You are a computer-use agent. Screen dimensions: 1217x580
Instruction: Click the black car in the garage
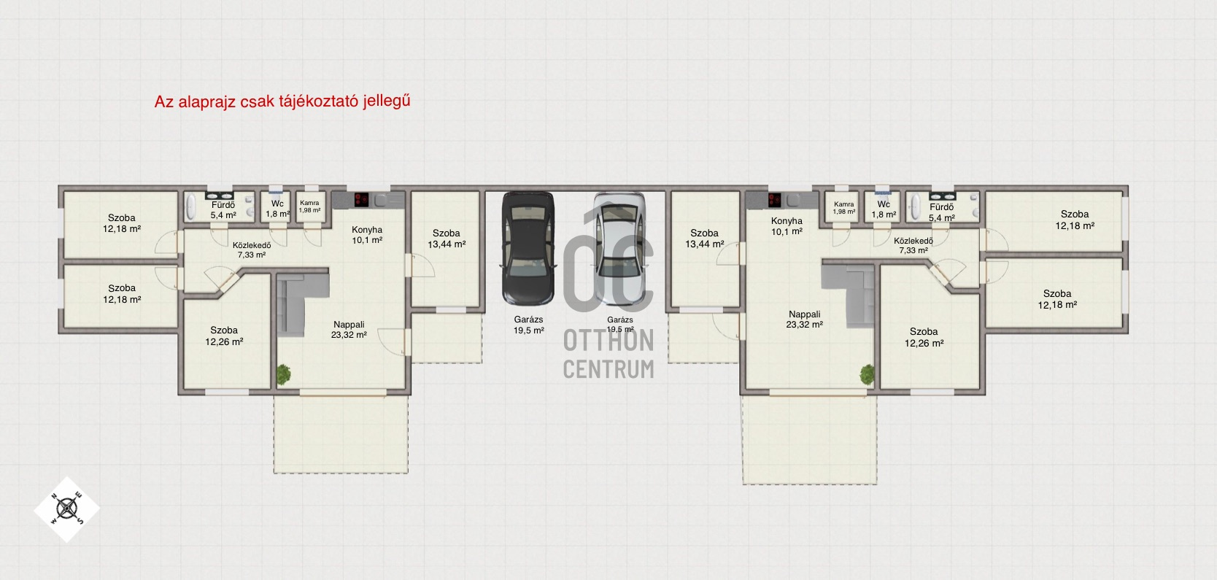528,248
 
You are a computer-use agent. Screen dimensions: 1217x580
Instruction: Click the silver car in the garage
619,250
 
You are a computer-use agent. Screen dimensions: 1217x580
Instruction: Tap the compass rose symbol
67,509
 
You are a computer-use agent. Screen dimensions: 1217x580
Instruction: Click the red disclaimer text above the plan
282,101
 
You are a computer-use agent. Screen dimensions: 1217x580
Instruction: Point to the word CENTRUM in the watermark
608,368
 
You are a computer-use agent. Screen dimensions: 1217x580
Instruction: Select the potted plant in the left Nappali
284,374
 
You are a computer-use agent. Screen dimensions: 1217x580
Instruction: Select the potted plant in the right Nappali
867,374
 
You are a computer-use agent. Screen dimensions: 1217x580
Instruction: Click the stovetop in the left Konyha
361,199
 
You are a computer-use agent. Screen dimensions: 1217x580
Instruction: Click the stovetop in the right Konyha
775,200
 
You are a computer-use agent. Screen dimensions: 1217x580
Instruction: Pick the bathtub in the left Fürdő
191,207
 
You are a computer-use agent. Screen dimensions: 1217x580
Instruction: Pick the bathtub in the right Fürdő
916,207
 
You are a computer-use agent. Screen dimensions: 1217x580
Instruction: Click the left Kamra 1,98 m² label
309,206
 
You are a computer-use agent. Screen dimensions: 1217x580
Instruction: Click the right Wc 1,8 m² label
884,209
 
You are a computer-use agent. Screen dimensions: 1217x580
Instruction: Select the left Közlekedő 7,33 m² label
252,250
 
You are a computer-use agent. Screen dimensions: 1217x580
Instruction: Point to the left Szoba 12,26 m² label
224,336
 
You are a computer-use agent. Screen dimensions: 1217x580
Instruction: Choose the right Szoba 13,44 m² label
704,239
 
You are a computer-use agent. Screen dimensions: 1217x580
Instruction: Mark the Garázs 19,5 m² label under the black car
529,325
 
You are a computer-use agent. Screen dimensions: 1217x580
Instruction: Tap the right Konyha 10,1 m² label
787,226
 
